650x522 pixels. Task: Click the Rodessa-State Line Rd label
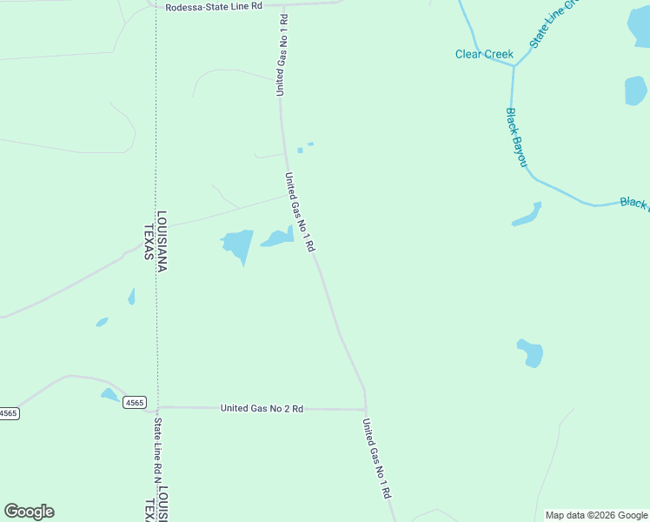214,6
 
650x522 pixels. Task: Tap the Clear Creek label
484,54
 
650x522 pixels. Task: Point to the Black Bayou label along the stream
517,137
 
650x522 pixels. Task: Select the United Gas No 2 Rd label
262,408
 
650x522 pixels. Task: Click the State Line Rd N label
158,452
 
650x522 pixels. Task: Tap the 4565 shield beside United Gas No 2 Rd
134,402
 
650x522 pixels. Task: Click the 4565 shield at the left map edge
8,413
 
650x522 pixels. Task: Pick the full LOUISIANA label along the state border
162,241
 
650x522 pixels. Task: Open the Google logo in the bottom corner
29,512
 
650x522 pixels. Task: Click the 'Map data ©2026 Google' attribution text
596,515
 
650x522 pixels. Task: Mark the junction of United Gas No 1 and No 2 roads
366,409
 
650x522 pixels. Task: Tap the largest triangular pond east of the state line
237,244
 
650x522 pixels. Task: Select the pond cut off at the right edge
636,90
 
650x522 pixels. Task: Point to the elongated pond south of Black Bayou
527,215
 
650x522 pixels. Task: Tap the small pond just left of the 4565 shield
109,394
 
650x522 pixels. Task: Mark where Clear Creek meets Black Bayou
514,65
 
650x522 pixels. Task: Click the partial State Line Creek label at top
553,23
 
